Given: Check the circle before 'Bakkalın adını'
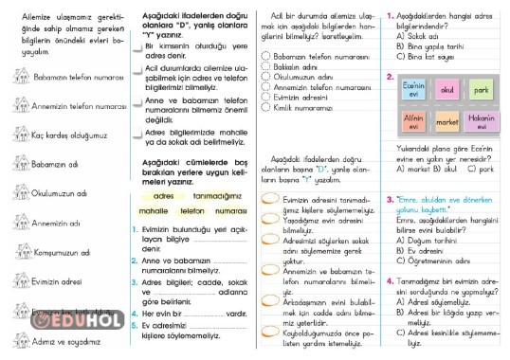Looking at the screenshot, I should coord(265,67).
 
